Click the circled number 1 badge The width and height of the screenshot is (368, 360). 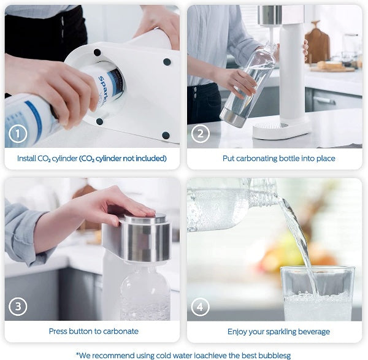pos(20,133)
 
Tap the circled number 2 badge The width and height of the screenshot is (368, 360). pos(201,133)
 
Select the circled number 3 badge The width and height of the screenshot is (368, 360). pos(20,306)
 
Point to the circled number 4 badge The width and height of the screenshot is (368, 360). pos(201,306)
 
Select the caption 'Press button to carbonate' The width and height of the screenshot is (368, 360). pos(93,331)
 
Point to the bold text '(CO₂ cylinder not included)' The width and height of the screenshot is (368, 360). pos(123,158)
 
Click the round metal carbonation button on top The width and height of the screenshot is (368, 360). pos(145,220)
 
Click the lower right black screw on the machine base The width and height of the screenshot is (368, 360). pos(165,135)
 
